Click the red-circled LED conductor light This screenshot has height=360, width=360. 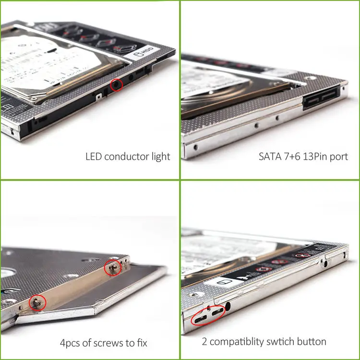[117, 85]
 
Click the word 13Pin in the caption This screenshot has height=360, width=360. [318, 156]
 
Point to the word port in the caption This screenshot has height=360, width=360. [339, 157]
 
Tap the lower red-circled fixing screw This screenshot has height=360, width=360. [37, 302]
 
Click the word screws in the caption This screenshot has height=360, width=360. [112, 343]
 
